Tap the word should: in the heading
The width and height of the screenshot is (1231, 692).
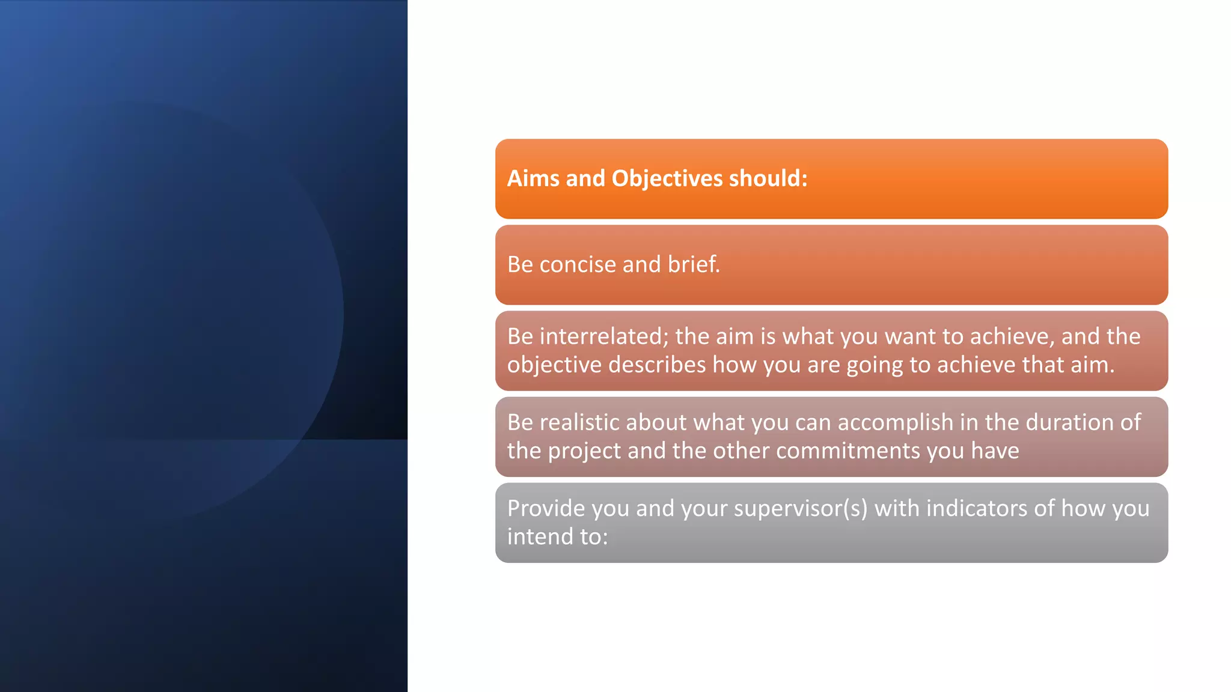click(x=768, y=178)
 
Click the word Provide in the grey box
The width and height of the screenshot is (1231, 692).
click(x=546, y=508)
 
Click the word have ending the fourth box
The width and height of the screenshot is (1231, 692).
click(x=995, y=451)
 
